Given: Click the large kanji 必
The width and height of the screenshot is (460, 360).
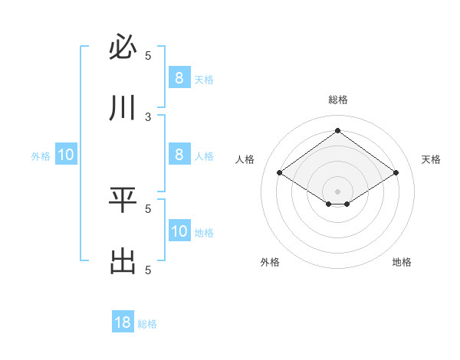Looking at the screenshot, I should tap(123, 48).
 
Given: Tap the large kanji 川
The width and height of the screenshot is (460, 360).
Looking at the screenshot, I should tap(123, 109).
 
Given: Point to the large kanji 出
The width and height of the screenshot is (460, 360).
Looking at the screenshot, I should tap(123, 262).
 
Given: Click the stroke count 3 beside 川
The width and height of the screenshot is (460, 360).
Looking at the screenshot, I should tap(148, 116).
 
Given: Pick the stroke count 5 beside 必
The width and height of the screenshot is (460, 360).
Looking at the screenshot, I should tap(148, 55).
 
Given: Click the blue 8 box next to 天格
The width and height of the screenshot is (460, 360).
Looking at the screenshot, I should tap(179, 78).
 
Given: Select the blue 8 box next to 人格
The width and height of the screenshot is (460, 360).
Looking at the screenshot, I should tap(179, 155).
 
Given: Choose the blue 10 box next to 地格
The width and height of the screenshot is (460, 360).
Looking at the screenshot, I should tap(179, 231).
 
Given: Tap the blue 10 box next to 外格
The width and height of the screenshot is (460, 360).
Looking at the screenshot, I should tap(66, 155).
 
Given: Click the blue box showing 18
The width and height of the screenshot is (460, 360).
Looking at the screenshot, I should tap(123, 322).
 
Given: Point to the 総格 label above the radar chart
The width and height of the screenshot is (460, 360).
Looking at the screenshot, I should tap(337, 100).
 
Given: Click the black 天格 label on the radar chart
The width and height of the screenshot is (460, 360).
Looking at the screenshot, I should tap(431, 159).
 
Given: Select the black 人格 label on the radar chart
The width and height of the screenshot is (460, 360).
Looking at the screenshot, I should tap(245, 159).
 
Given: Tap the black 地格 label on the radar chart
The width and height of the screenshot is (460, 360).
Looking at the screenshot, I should tap(402, 262).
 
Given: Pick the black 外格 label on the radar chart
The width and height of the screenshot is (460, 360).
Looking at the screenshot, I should tap(270, 262).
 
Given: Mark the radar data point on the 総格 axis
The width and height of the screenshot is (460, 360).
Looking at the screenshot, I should tap(337, 130).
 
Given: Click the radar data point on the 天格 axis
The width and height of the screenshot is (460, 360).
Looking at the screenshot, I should tap(396, 172).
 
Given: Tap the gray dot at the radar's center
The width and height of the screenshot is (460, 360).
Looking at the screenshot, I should tap(337, 191).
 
